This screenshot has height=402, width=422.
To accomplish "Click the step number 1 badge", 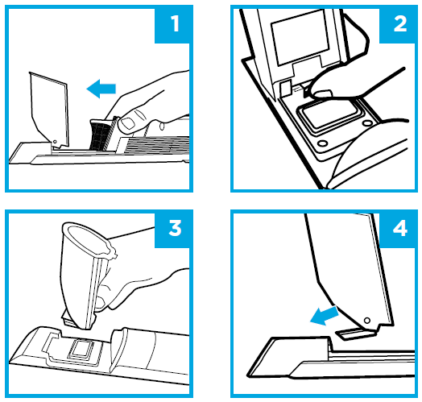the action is tap(174, 24).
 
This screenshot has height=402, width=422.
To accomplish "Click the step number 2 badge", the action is tap(399, 24).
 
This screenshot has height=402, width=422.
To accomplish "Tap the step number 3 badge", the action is tap(174, 229).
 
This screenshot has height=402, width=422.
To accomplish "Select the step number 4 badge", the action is tap(399, 229).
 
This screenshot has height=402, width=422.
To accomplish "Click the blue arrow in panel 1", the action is tap(101, 89).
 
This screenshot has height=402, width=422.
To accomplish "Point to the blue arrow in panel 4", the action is tap(325, 316).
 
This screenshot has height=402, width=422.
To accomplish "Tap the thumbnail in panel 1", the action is tap(127, 124).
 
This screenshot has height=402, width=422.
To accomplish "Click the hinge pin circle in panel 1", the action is tap(55, 142).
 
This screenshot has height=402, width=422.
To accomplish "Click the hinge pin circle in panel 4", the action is tap(366, 321).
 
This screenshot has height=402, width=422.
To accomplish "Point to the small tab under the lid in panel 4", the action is tap(355, 334).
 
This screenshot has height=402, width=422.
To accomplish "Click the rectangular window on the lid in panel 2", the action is tap(300, 37).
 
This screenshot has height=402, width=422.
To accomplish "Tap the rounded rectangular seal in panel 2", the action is tap(331, 116).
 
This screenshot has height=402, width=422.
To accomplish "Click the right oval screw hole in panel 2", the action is tap(367, 123).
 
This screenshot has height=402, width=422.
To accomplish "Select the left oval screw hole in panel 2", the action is tap(322, 143).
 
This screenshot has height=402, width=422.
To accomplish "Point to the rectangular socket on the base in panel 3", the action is tap(81, 350).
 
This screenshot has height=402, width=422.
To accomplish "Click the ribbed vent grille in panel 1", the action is tap(156, 146).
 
